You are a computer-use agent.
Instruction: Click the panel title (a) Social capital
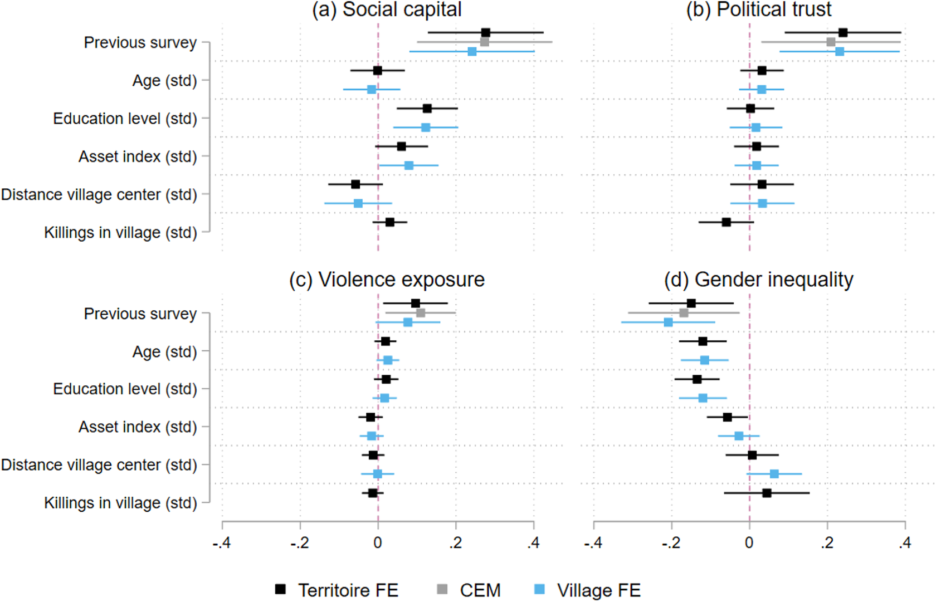387,9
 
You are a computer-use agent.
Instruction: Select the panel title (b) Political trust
759,9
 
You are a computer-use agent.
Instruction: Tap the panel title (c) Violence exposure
387,280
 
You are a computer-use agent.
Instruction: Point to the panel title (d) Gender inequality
759,280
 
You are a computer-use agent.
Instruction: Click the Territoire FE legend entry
337,590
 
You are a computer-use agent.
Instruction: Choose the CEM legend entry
469,590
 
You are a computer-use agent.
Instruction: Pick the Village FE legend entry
587,590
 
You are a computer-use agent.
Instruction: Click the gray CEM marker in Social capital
484,42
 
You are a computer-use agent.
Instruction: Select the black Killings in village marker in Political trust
727,222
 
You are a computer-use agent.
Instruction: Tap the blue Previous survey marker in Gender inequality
668,322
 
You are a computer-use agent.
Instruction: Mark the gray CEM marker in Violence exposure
421,313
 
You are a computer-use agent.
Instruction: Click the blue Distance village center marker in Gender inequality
774,474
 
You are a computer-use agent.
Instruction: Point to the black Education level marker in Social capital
427,109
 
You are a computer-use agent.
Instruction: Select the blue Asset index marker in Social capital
409,165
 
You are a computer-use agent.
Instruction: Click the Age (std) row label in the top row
165,81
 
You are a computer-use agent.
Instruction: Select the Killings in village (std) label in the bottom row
120,502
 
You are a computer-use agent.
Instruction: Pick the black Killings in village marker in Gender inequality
767,493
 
